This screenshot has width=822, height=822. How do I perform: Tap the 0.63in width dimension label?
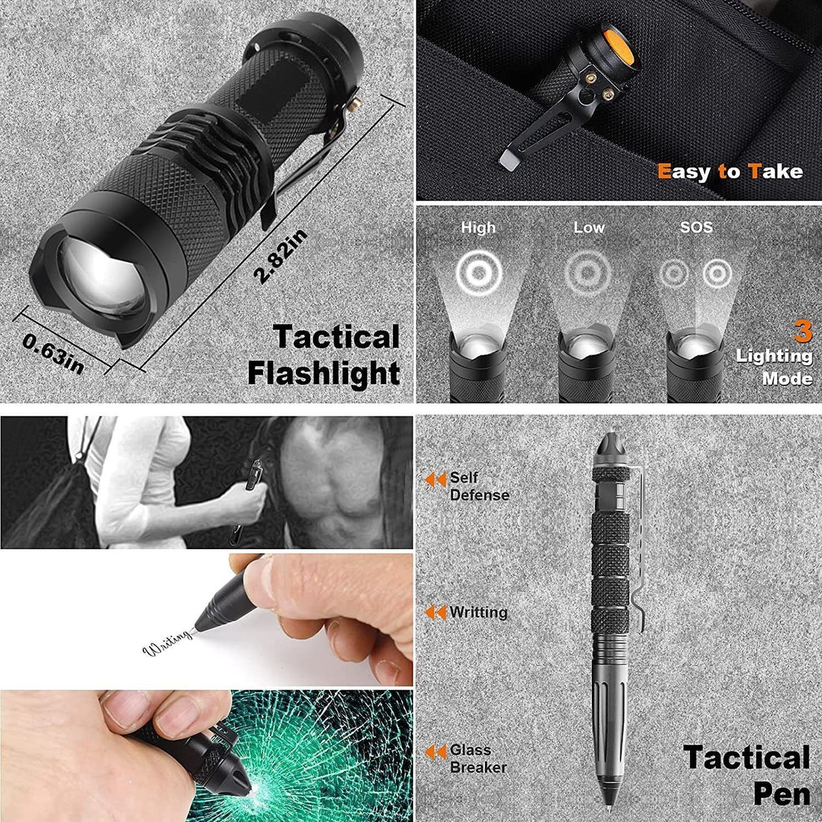pyautogui.click(x=54, y=354)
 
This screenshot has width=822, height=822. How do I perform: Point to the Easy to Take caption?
pyautogui.click(x=730, y=172)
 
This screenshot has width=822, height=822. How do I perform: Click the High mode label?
pyautogui.click(x=478, y=227)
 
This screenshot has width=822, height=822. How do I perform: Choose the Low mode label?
pyautogui.click(x=589, y=227)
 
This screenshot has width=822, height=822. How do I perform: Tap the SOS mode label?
pyautogui.click(x=696, y=227)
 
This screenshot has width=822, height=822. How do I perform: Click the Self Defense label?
pyautogui.click(x=478, y=486)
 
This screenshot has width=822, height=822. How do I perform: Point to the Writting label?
pyautogui.click(x=478, y=613)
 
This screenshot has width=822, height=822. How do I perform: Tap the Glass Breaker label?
pyautogui.click(x=478, y=758)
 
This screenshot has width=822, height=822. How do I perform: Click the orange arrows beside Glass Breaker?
pyautogui.click(x=436, y=752)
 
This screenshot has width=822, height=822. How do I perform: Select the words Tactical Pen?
pyautogui.click(x=747, y=774)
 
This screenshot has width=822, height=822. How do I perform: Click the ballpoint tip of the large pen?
pyautogui.click(x=613, y=809)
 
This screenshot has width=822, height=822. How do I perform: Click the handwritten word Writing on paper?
pyautogui.click(x=167, y=647)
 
